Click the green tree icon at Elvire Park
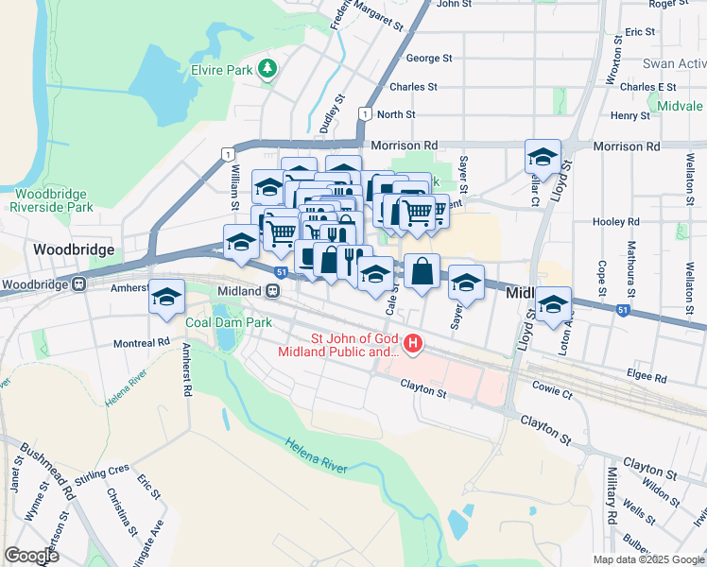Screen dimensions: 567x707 pyautogui.click(x=268, y=68)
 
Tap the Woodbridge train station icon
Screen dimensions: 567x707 pyautogui.click(x=79, y=283)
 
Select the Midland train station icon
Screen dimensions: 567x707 pyautogui.click(x=271, y=291)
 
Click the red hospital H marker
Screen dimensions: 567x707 pyautogui.click(x=412, y=342)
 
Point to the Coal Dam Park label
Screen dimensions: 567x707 pyautogui.click(x=229, y=322)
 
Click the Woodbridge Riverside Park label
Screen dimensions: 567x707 pyautogui.click(x=53, y=199)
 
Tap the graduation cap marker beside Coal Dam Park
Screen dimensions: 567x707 pyautogui.click(x=166, y=298)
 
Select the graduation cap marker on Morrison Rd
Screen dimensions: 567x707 pyautogui.click(x=543, y=156)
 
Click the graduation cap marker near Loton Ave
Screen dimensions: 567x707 pyautogui.click(x=554, y=304)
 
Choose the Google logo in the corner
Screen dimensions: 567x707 pyautogui.click(x=31, y=556)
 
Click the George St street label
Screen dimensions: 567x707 pyautogui.click(x=428, y=59)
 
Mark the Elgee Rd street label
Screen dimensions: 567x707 pyautogui.click(x=647, y=375)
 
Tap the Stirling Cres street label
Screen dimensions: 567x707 pyautogui.click(x=104, y=469)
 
